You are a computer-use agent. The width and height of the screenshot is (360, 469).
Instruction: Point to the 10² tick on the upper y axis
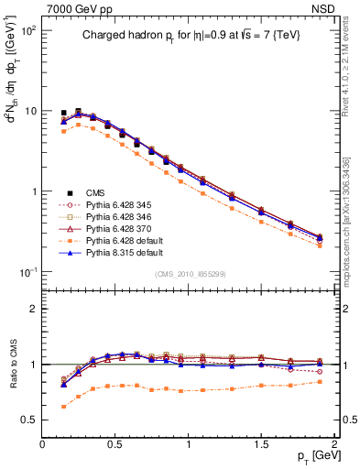[27, 30]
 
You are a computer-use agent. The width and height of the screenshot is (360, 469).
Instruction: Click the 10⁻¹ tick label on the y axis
[27, 272]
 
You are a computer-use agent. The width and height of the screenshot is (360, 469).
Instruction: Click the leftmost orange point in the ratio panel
[63, 406]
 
